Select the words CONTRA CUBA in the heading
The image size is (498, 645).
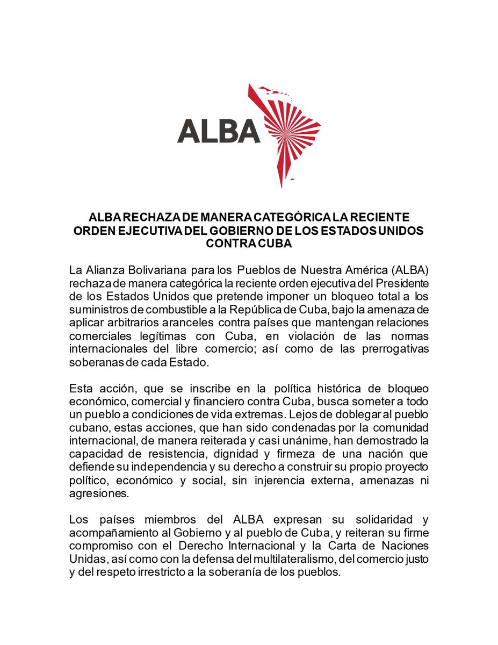click(249, 243)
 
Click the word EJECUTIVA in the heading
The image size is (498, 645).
click(153, 230)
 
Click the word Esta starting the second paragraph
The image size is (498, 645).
click(80, 388)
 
